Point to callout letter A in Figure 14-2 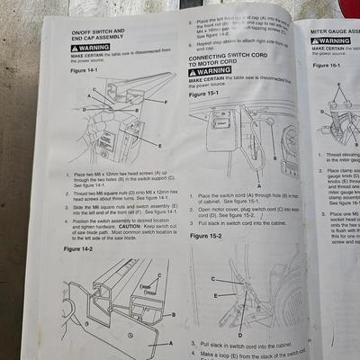pyautogui.click(x=170, y=343)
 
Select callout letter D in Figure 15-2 pyautogui.click(x=239, y=334)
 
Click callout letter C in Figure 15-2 pyautogui.click(x=212, y=279)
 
